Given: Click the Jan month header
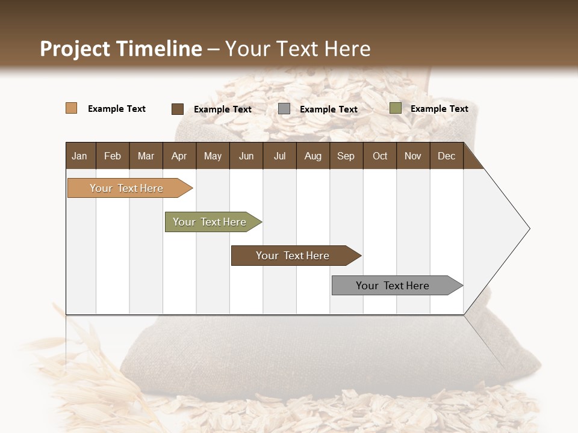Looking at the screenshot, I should pos(79,156).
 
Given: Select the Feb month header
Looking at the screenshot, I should pos(113,156).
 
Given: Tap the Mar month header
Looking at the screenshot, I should pos(146,156).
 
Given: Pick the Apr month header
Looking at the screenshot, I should pos(179,156).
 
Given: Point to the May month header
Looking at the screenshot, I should pos(213,156).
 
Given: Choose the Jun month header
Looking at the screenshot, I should pos(246,156).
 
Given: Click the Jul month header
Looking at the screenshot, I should pos(279,156).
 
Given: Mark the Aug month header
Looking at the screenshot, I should pos(312,156).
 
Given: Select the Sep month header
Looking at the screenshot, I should pos(346,156).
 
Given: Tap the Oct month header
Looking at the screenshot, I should pos(380,156).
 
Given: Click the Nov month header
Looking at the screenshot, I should pos(413,156).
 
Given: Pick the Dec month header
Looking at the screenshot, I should pos(446,156).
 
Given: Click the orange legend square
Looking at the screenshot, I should pos(71,108).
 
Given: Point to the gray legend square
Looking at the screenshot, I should pos(284,109).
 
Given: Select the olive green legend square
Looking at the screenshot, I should pos(395,108).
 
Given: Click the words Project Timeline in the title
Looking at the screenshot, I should pos(121,49).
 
